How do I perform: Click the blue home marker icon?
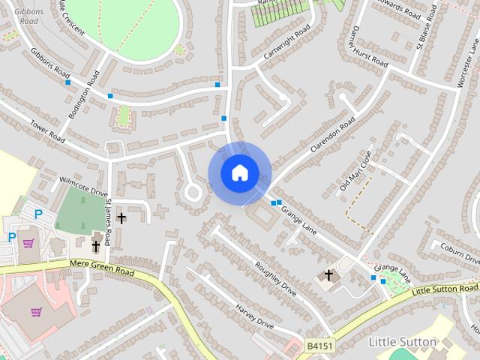click(x=239, y=172)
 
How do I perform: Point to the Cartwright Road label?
click(x=287, y=45)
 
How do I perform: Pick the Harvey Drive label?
click(x=254, y=315)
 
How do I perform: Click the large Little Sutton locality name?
click(x=403, y=342)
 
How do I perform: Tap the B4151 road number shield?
click(x=319, y=345)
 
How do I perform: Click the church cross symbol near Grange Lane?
click(x=328, y=276)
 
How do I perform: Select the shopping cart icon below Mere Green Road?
click(x=36, y=311)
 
